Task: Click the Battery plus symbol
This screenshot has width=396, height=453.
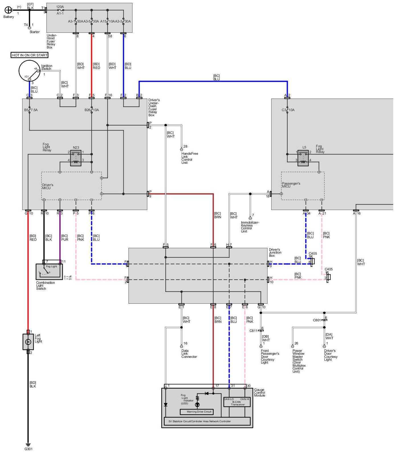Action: click(9, 10)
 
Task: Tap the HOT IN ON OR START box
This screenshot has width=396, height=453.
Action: click(30, 55)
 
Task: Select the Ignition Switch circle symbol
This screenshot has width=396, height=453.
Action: click(30, 72)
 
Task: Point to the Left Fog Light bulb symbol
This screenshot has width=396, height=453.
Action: click(28, 342)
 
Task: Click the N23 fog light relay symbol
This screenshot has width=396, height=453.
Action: click(76, 158)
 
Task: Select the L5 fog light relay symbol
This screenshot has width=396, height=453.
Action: click(303, 158)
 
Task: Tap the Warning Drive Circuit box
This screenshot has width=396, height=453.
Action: click(197, 412)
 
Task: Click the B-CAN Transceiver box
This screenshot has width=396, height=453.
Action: click(237, 402)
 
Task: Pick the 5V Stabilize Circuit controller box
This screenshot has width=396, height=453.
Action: click(207, 421)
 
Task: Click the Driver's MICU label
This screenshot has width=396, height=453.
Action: click(48, 186)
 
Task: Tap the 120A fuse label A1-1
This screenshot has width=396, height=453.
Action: click(60, 13)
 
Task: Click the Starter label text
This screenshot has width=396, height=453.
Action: click(34, 32)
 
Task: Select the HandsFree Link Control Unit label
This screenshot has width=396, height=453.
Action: click(189, 158)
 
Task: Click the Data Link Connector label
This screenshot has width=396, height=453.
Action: click(189, 354)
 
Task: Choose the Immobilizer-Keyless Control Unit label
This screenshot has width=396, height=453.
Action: click(250, 227)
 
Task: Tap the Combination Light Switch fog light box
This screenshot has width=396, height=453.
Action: click(49, 272)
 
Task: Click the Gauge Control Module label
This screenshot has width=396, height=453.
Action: click(259, 393)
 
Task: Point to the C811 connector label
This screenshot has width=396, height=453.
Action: click(253, 331)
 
